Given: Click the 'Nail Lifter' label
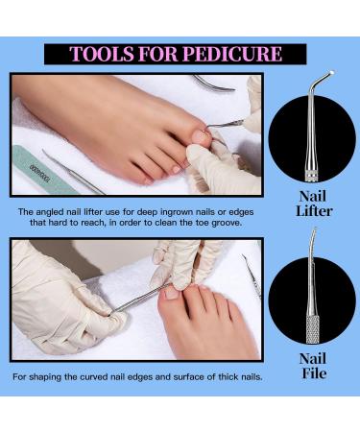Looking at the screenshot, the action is [x=314, y=204].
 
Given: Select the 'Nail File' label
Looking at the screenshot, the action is [x=313, y=366].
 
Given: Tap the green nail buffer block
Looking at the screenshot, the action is [x=42, y=171].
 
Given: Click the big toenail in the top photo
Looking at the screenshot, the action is [x=202, y=135].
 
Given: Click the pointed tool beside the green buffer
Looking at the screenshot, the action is [x=74, y=173].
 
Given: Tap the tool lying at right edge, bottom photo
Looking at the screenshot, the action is [x=252, y=276].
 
